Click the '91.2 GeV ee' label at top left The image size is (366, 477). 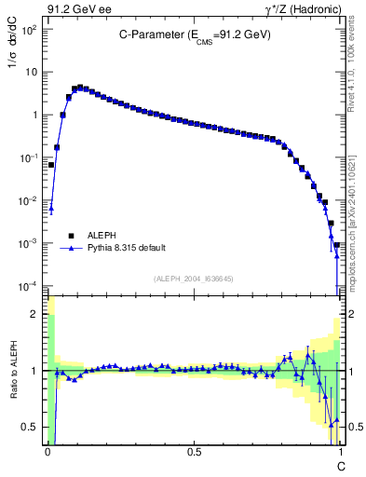coord(77,10)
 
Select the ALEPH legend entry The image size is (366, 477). coord(103,237)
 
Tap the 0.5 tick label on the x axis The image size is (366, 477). coord(194,453)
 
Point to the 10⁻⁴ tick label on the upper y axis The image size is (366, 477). coord(31,286)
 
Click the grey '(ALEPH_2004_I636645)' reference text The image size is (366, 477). coord(194,279)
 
